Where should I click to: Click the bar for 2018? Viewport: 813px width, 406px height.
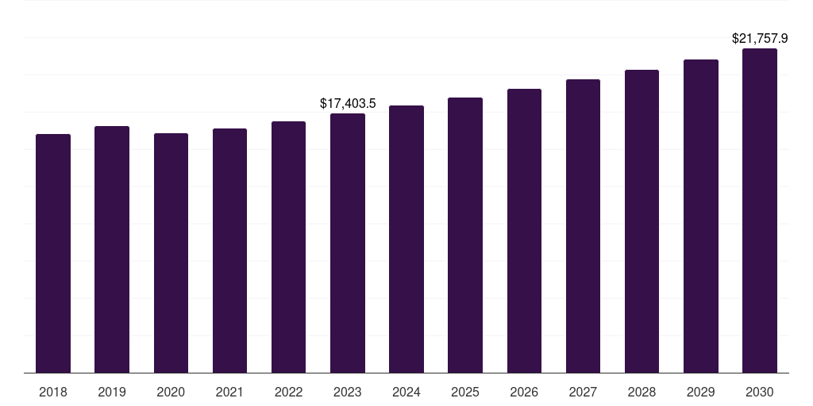click(53, 254)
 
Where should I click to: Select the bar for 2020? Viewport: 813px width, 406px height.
click(171, 253)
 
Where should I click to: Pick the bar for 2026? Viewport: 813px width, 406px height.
click(524, 231)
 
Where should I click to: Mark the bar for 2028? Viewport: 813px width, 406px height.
click(642, 221)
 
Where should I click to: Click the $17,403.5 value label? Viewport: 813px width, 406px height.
click(348, 103)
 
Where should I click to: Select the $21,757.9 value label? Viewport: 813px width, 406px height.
click(760, 38)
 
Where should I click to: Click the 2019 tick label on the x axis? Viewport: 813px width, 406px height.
click(112, 392)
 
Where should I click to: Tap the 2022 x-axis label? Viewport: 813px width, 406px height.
click(288, 392)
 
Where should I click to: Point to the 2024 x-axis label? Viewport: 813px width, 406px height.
click(406, 392)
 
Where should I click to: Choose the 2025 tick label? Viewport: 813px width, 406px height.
click(465, 392)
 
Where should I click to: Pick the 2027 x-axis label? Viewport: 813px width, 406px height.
click(583, 392)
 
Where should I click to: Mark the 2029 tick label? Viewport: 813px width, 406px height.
click(700, 392)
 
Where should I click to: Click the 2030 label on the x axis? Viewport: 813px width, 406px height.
click(760, 392)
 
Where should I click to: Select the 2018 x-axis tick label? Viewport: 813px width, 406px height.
click(53, 392)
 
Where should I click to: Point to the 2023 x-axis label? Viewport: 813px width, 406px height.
click(348, 392)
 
